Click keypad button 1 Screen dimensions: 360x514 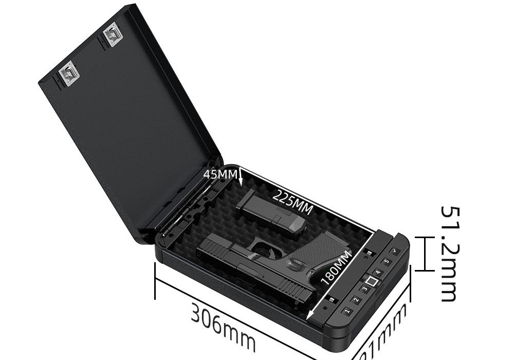pos(347,311)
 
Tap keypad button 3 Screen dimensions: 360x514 pos(365,289)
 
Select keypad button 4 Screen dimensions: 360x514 pos(378,272)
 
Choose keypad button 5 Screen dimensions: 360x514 pos(387,261)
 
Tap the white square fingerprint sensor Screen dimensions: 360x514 pos(372,281)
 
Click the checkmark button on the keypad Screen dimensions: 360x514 pos(395,251)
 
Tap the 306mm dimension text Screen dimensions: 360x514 pos(223,327)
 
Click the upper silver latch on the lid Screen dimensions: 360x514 pos(112,35)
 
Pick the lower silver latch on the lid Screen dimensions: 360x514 pos(69,73)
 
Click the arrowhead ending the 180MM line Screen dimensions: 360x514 pos(310,317)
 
